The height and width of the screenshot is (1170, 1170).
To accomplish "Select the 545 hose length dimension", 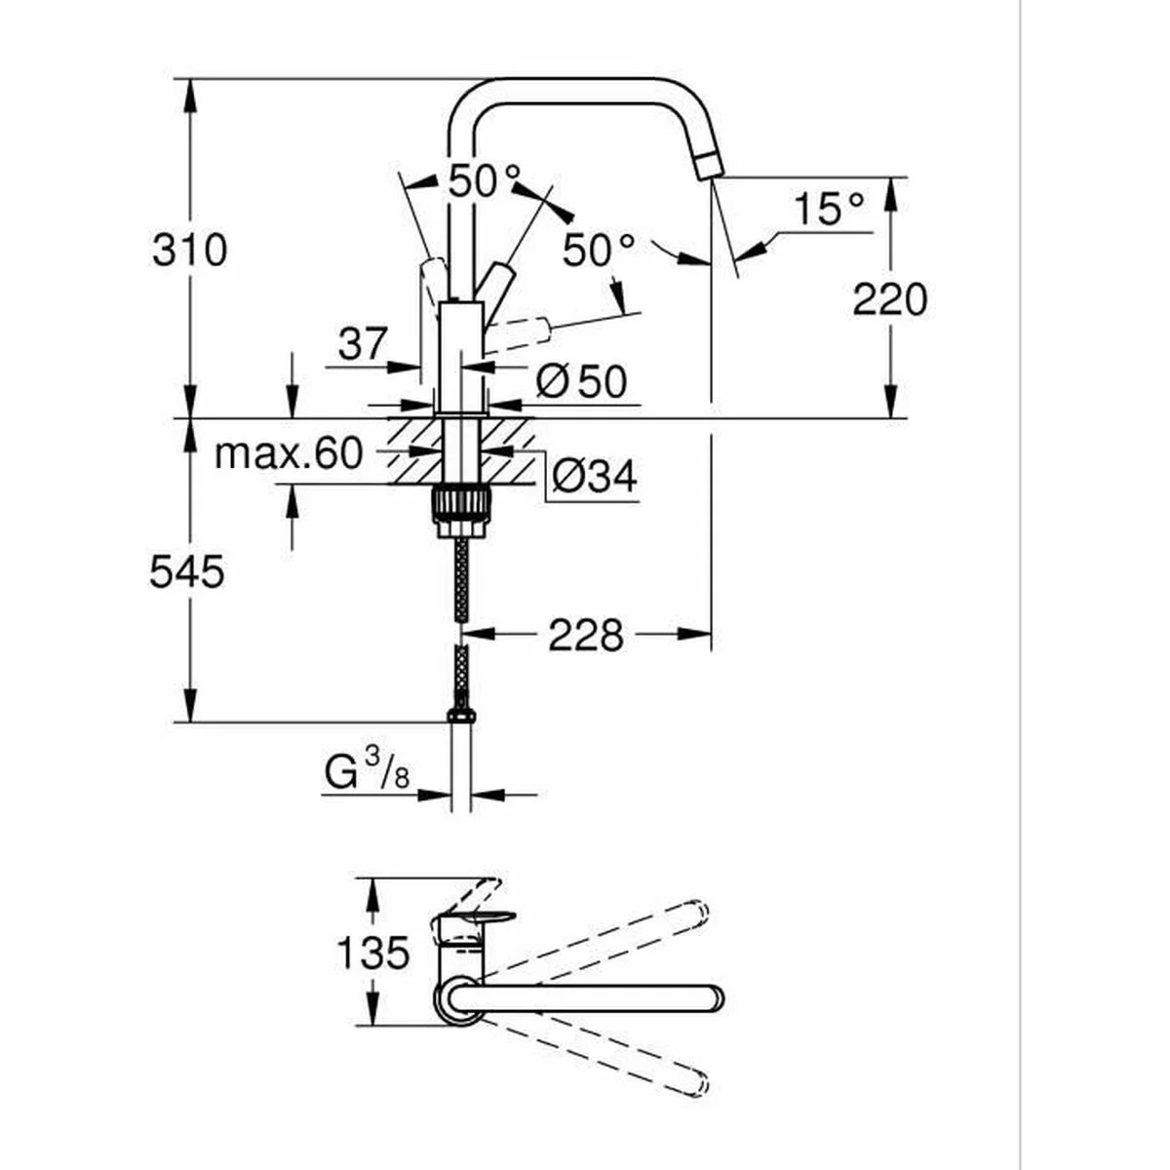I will tap(187, 571).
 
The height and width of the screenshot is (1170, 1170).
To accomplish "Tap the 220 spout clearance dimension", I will tap(889, 298).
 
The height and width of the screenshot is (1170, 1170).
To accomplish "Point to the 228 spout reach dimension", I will tap(585, 636).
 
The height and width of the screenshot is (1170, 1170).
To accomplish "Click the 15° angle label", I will tap(828, 210).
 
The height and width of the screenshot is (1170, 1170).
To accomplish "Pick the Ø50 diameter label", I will tap(581, 381).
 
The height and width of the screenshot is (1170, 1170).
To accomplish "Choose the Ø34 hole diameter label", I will tap(594, 477).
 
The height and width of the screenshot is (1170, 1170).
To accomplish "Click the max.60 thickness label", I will tap(288, 453).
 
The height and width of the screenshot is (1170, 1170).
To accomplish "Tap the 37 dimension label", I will tap(363, 343).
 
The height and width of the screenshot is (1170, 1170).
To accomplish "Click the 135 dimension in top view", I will tap(372, 952).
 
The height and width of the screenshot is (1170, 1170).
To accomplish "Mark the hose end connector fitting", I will tap(461, 717).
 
